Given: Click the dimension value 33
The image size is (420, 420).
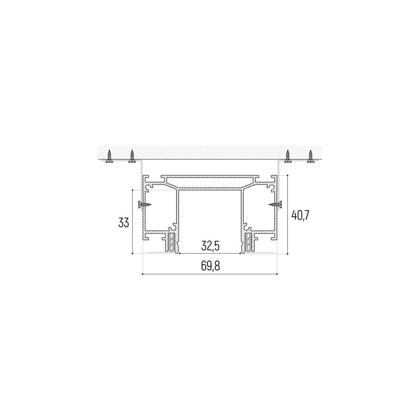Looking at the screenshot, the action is tap(124, 223).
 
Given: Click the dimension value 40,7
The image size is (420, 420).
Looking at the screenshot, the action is tap(300, 215).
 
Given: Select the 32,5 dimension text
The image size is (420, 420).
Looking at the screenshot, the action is tap(210, 246).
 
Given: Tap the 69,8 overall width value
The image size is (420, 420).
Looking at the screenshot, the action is tap(210, 266).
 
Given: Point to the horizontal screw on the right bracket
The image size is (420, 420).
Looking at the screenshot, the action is tap(275, 204).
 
